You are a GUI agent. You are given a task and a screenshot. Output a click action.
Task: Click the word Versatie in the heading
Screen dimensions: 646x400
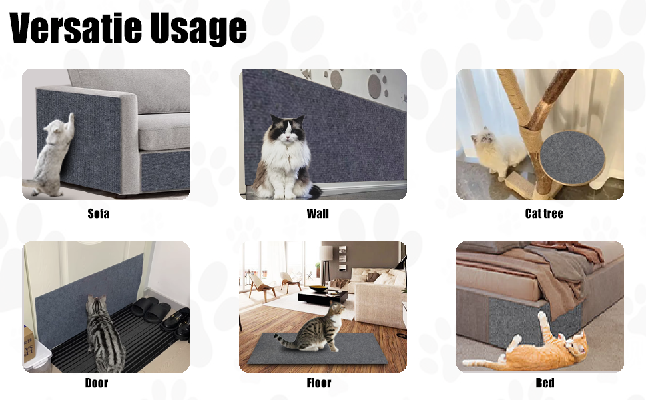click(75, 28)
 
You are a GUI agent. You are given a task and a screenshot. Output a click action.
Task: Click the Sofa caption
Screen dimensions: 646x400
click(98, 213)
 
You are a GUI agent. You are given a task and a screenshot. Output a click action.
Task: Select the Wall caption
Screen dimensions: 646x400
click(318, 213)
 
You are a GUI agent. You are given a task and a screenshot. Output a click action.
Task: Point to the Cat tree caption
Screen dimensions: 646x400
click(544, 213)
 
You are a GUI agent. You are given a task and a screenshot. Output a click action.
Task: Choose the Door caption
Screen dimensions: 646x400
click(97, 383)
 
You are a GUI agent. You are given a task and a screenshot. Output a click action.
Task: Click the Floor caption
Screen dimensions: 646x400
click(319, 383)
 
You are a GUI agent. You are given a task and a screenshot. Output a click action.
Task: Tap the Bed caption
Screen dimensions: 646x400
click(545, 383)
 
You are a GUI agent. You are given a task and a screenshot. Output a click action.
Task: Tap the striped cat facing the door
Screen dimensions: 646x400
click(104, 334)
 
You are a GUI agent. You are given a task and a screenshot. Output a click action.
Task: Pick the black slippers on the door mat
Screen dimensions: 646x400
click(151, 309)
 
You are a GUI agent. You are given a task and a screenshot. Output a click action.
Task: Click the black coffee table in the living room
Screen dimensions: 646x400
click(322, 296)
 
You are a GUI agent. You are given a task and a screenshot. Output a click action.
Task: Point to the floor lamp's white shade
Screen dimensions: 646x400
click(326, 253)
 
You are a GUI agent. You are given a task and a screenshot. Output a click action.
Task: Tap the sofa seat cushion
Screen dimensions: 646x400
click(164, 131)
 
